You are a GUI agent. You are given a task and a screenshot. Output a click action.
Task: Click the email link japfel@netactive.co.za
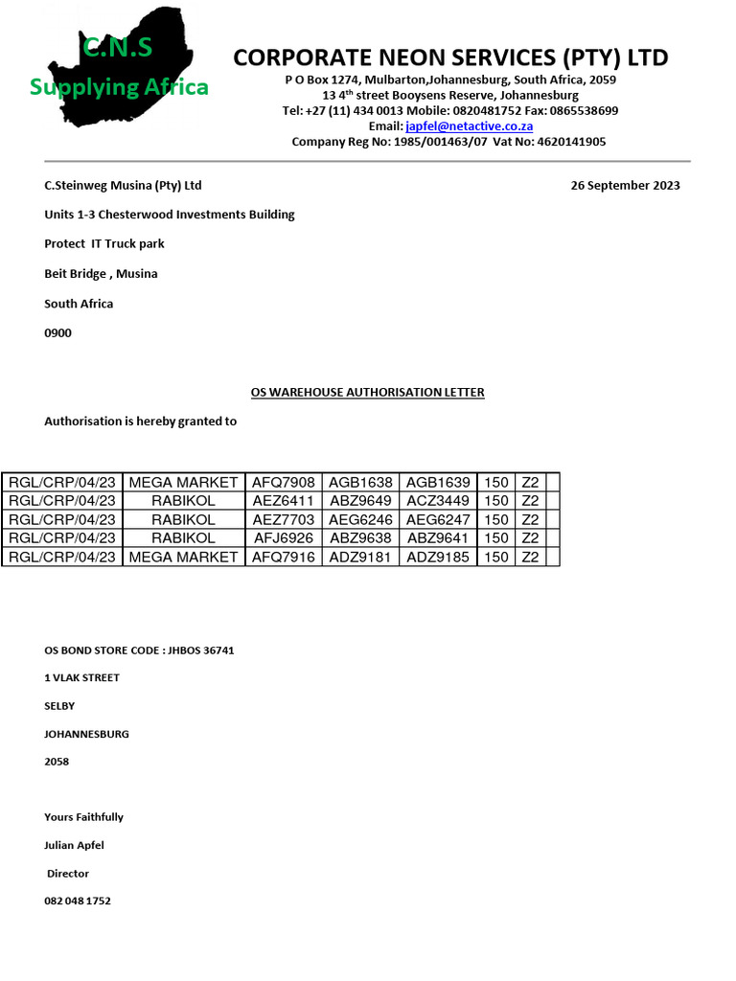[x=469, y=126]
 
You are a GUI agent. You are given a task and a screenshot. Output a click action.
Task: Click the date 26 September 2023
[x=625, y=186]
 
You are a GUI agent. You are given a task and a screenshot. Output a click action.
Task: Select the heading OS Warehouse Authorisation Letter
[x=367, y=392]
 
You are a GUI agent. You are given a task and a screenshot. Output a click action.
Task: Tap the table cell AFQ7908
[x=283, y=482]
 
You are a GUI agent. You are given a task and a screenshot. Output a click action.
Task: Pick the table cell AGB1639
[x=438, y=482]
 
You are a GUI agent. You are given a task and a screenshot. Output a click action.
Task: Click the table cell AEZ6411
[x=283, y=501]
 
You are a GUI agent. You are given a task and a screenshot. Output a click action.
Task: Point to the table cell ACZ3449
[x=438, y=501]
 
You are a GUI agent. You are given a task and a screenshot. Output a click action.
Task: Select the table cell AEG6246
[x=360, y=519]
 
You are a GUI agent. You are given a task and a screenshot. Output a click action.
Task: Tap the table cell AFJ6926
[x=283, y=537]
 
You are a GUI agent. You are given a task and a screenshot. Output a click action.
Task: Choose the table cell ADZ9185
[x=438, y=557]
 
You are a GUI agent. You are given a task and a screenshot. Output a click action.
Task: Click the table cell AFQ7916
[x=283, y=557]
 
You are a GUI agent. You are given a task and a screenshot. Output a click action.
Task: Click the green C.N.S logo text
[x=117, y=47]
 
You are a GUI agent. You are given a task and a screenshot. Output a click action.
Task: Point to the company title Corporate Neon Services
[x=450, y=57]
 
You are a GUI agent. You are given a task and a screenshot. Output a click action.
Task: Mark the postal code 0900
[x=57, y=333]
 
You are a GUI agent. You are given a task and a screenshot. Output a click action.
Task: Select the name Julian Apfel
[x=74, y=845]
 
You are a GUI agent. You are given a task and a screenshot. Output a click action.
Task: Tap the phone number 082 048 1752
[x=77, y=901]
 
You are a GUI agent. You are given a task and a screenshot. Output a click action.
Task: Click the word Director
[x=68, y=874]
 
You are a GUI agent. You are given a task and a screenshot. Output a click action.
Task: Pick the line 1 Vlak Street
[x=81, y=678]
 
